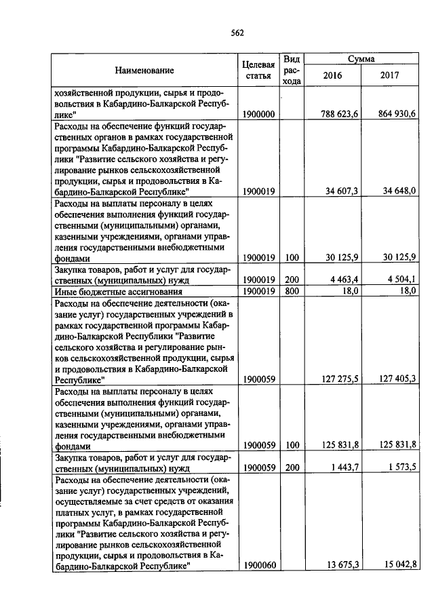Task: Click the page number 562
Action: [237, 33]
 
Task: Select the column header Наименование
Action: [144, 70]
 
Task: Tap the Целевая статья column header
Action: [258, 69]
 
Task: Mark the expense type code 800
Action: [292, 290]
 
